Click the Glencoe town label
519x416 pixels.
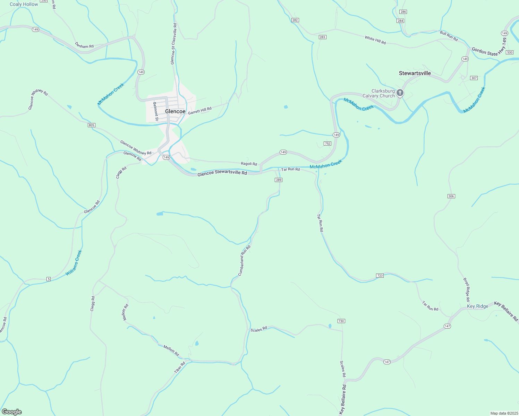point(175,111)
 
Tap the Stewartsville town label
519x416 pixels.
point(415,73)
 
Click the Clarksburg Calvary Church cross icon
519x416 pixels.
point(400,93)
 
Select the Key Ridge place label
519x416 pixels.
point(477,306)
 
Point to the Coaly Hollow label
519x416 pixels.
point(24,4)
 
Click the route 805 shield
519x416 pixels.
point(91,125)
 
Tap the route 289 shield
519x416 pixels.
point(279,180)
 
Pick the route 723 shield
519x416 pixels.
point(380,276)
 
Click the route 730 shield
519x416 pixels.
point(341,321)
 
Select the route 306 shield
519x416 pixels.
point(451,196)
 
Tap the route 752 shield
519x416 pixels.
point(327,144)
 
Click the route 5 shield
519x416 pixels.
point(49,279)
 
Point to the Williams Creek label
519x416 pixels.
point(74,263)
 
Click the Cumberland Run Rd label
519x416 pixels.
point(244,261)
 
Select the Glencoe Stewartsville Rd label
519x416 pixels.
point(222,173)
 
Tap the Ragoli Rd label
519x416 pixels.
point(249,164)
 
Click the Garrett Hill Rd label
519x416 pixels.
point(199,111)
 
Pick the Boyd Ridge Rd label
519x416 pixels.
point(466,289)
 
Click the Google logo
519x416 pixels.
point(11,412)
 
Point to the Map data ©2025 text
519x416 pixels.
point(503,413)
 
